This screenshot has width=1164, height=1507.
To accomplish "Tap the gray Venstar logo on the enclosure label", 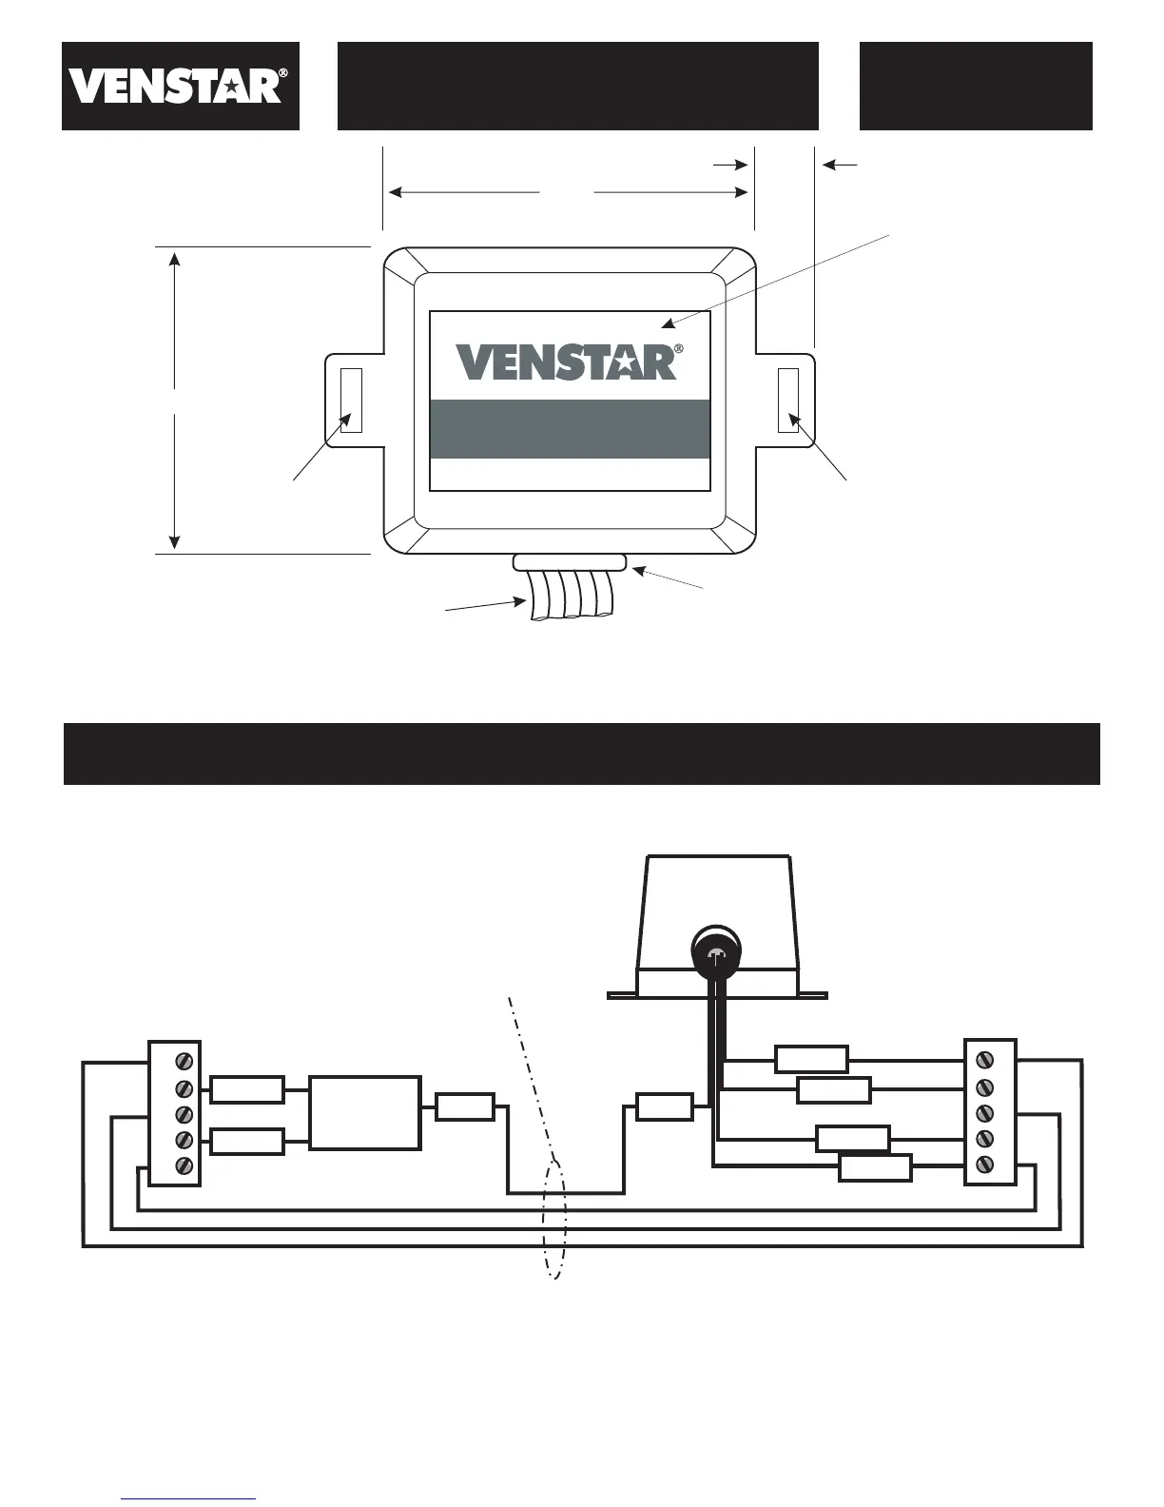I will tap(567, 362).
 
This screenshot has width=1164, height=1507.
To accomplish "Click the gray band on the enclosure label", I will tap(570, 429).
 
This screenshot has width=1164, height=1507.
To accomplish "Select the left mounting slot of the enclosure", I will tap(351, 400).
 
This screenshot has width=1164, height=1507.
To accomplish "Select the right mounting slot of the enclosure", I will tap(787, 400).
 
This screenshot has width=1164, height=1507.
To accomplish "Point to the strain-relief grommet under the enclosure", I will tap(569, 562).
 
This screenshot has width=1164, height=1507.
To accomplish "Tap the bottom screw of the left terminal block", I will tap(185, 1164).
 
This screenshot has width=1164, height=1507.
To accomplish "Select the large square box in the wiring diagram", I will tap(365, 1112).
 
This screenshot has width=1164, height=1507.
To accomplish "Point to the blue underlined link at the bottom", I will tap(188, 1498).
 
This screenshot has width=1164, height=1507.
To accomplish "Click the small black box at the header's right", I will tap(976, 86).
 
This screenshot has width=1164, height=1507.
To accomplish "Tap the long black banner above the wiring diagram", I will tap(581, 753).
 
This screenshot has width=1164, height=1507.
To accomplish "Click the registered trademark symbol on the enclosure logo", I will tap(678, 349).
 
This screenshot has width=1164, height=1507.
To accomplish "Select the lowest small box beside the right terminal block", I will tap(875, 1167).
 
